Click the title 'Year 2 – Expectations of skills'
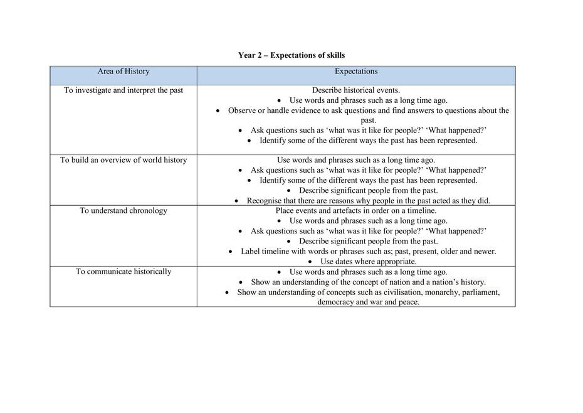(x=291, y=55)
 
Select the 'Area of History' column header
(x=123, y=72)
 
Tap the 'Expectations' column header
(x=355, y=72)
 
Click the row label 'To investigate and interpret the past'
(x=123, y=90)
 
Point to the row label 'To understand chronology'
(x=123, y=211)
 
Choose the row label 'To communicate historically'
(x=123, y=272)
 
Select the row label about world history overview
(x=123, y=160)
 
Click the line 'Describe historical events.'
(x=355, y=90)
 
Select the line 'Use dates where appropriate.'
(x=368, y=262)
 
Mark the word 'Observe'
(x=243, y=110)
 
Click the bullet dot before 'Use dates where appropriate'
(x=310, y=262)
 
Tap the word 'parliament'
(x=481, y=292)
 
